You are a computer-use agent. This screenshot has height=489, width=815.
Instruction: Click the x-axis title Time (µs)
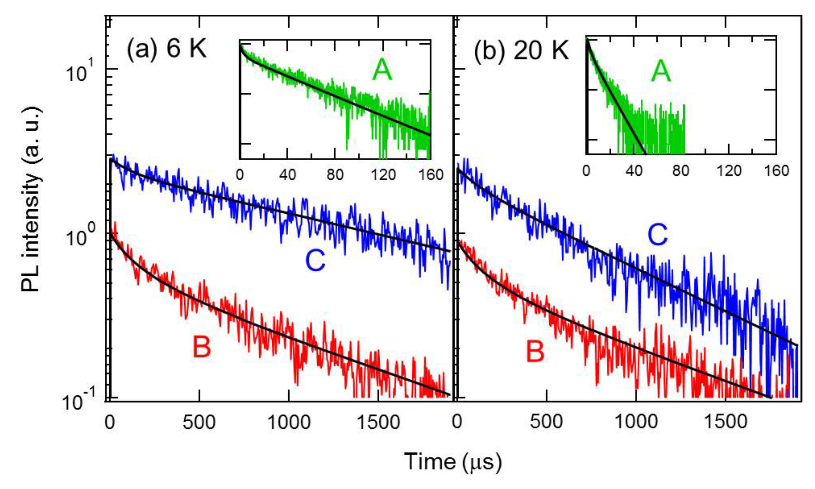click(x=452, y=461)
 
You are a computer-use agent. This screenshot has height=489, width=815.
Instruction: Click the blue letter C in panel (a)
click(x=315, y=261)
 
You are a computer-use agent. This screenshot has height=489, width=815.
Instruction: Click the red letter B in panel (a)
click(x=202, y=347)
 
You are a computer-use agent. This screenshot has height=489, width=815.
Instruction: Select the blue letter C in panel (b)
click(x=658, y=235)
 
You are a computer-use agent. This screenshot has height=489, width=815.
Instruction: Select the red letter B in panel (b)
click(x=535, y=351)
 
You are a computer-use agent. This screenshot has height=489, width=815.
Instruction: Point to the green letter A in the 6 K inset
click(x=382, y=70)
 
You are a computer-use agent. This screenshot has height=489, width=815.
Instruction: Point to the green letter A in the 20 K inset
click(x=660, y=71)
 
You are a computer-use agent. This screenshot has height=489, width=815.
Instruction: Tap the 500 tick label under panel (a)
click(x=199, y=422)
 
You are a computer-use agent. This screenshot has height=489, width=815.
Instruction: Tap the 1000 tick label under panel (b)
click(x=636, y=421)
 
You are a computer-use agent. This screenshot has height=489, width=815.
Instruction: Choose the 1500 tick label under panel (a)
click(x=378, y=422)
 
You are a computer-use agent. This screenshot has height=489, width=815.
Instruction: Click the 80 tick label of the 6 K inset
click(x=335, y=175)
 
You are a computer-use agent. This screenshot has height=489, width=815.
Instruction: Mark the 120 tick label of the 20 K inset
click(x=729, y=171)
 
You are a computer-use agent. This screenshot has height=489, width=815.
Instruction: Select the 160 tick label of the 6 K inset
click(x=430, y=175)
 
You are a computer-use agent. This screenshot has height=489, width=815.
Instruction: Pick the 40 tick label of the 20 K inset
click(x=634, y=171)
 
